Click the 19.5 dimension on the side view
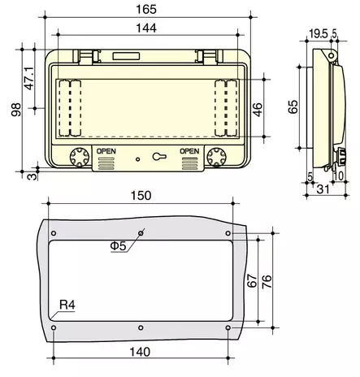(x=319, y=34)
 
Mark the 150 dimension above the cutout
(x=141, y=196)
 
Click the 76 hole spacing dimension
(x=267, y=280)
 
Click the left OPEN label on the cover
(x=106, y=151)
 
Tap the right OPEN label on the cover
(x=189, y=151)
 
